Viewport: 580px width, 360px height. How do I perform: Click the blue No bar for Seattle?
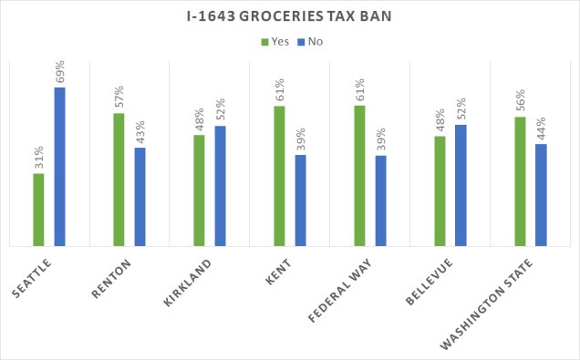[x=59, y=166]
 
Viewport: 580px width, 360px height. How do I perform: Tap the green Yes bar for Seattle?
[x=38, y=209]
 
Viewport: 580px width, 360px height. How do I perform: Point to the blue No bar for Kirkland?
[x=220, y=186]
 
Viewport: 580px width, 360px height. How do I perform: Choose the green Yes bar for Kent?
[x=279, y=176]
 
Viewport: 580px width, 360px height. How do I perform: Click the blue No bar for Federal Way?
[x=380, y=201]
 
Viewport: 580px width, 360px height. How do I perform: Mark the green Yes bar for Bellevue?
[x=440, y=190]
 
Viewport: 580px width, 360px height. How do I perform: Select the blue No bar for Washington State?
[x=541, y=194]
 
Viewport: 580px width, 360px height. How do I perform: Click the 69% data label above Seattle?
[x=60, y=72]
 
